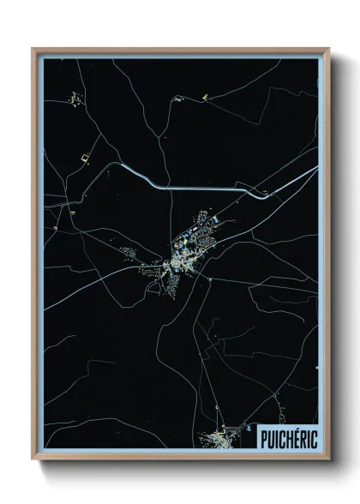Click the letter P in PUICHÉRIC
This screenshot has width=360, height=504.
(x=261, y=438)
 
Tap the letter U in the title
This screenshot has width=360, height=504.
(x=269, y=438)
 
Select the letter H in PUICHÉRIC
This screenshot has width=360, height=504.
(x=285, y=438)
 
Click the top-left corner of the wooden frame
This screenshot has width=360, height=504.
(x=33, y=49)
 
